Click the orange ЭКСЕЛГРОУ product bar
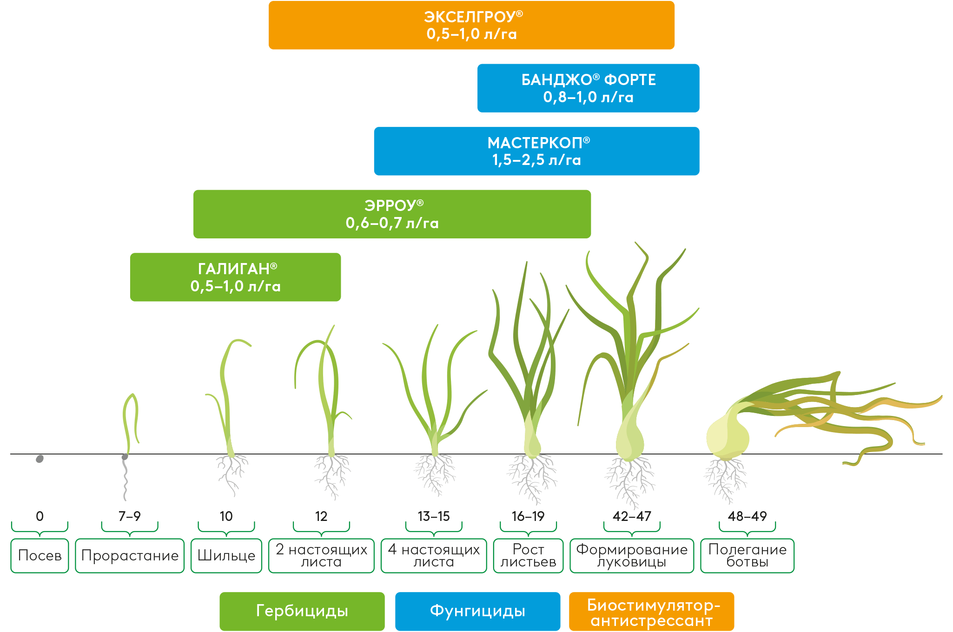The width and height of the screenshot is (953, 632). (x=471, y=26)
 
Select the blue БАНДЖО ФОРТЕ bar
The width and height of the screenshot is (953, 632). (x=588, y=88)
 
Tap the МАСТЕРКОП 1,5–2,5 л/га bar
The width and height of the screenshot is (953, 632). (x=536, y=151)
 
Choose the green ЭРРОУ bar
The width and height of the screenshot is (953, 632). (x=392, y=214)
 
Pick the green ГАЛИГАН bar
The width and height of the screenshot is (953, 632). (x=235, y=277)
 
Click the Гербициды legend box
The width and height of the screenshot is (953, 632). (x=302, y=611)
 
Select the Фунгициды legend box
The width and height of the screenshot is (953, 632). (x=477, y=611)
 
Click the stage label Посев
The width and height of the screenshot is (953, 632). (x=40, y=555)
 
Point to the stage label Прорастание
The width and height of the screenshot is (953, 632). (x=130, y=555)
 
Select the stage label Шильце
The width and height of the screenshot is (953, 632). (x=226, y=555)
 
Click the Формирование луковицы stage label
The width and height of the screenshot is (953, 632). (x=632, y=555)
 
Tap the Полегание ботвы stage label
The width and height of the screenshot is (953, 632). (x=747, y=555)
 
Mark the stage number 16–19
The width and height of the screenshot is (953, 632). (x=528, y=516)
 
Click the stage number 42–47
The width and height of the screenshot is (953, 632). (x=632, y=516)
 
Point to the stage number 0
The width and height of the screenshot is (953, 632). (x=40, y=516)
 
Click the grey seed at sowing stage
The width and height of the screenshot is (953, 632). (x=40, y=459)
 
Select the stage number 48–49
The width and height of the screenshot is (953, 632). (x=747, y=516)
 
